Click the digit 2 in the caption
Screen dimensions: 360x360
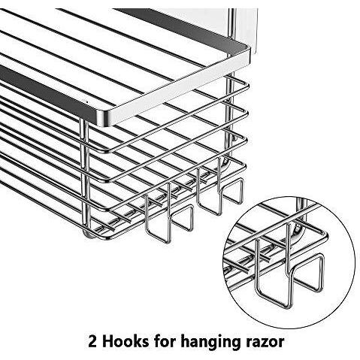[92, 341]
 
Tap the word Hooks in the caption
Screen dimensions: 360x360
[125, 341]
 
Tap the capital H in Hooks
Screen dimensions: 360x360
[107, 341]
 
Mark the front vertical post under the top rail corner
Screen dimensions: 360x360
[86, 175]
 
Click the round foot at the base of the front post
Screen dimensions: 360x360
[88, 234]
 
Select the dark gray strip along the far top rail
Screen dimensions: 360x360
[180, 28]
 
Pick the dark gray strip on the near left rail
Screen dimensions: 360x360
[47, 92]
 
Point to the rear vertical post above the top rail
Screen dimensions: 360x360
[232, 24]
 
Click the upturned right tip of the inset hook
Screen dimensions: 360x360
[322, 258]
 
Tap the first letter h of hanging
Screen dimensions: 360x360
[185, 341]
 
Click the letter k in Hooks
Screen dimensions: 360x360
[135, 341]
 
